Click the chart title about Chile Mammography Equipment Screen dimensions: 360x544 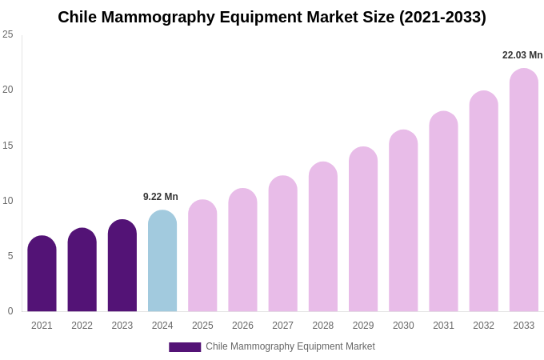[x=272, y=17]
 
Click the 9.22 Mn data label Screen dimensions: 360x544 [x=161, y=197]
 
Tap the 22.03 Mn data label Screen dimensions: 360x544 [x=522, y=55]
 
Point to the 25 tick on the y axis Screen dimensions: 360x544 [x=8, y=34]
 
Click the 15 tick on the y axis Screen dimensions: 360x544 [x=8, y=146]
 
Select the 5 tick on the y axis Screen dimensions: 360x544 [x=10, y=256]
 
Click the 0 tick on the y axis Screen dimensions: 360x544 [x=10, y=311]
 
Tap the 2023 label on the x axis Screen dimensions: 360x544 [x=122, y=326]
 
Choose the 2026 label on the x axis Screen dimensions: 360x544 [x=242, y=326]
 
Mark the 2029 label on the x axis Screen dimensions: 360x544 [x=363, y=326]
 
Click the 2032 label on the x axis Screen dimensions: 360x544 [x=483, y=326]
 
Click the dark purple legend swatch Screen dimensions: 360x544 [x=185, y=347]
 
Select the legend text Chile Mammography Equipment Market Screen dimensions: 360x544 [x=290, y=346]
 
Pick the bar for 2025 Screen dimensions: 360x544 [x=202, y=256]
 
